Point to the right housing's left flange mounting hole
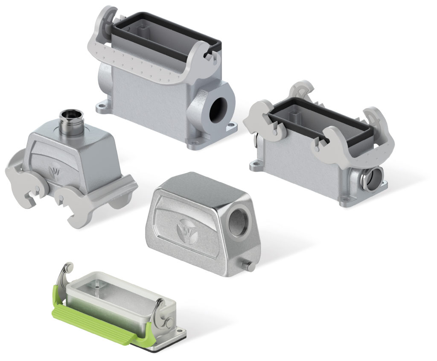(x=257, y=162)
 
